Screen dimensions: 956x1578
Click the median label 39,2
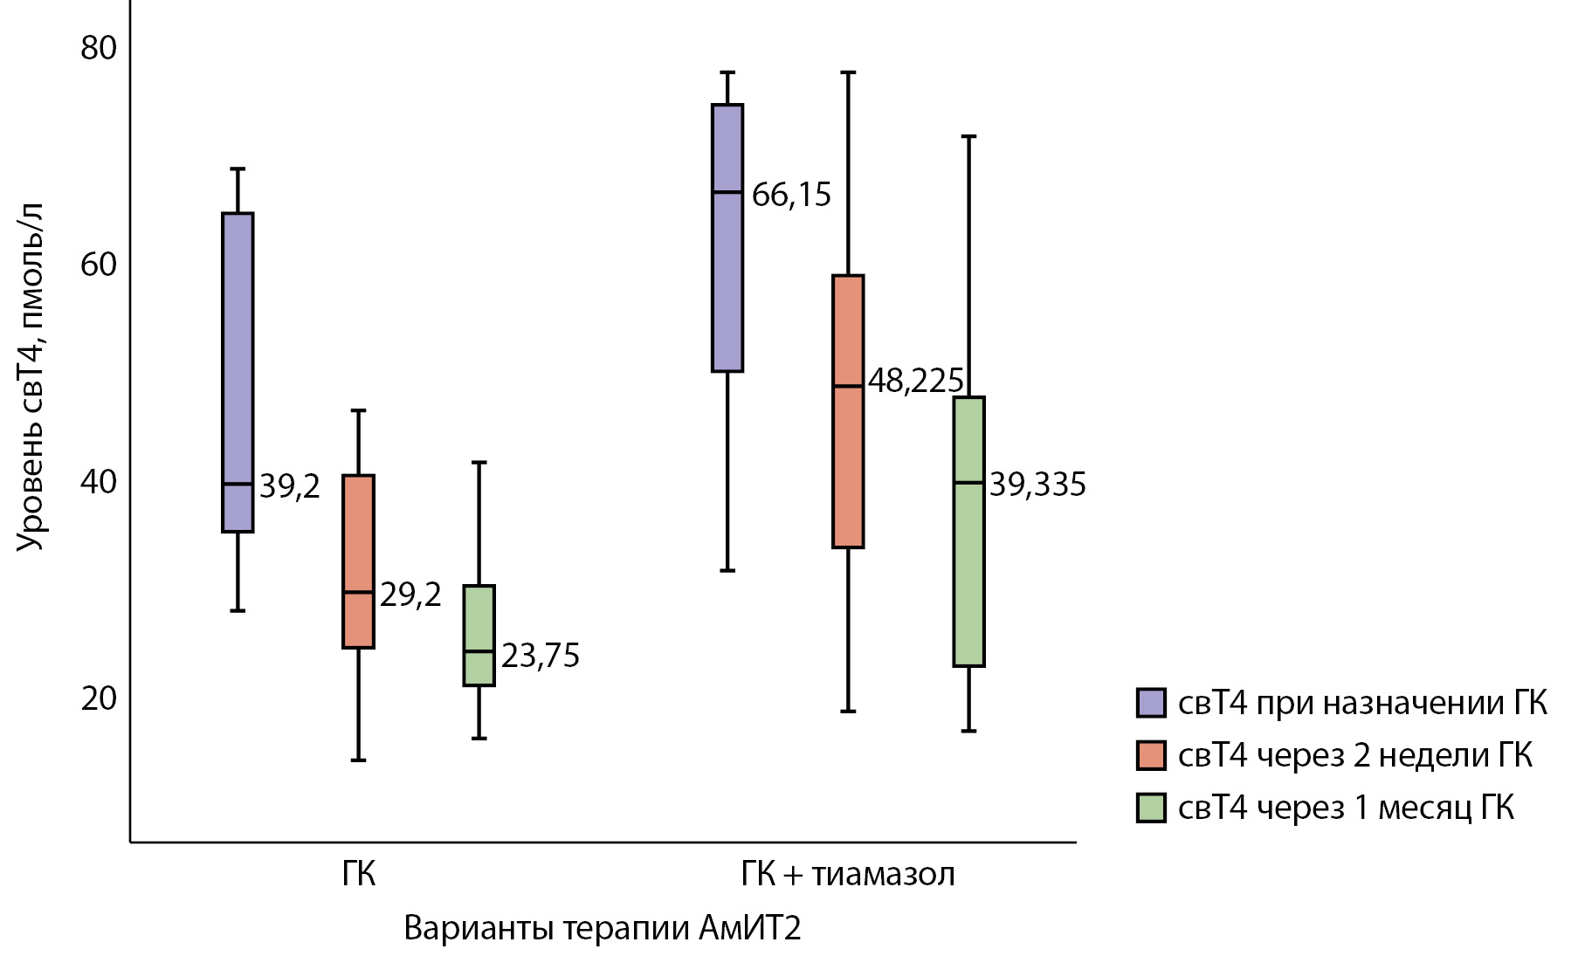289,486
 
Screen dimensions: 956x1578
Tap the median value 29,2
410,595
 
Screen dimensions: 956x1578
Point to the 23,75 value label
540,656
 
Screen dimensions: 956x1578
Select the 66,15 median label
791,195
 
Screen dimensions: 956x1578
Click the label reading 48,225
915,382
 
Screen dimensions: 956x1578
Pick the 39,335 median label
1037,485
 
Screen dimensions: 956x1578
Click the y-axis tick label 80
98,48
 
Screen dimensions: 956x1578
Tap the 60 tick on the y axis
98,265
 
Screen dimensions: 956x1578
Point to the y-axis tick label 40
98,482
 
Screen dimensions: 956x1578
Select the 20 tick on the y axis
98,698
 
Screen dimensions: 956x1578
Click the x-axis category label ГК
358,874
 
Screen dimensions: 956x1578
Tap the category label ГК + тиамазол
847,874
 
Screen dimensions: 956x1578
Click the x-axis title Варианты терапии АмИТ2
602,928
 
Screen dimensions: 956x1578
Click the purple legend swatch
1151,703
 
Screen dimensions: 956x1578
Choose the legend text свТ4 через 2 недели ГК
1354,755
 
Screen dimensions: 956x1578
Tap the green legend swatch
1151,808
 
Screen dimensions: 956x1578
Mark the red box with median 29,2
358,561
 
